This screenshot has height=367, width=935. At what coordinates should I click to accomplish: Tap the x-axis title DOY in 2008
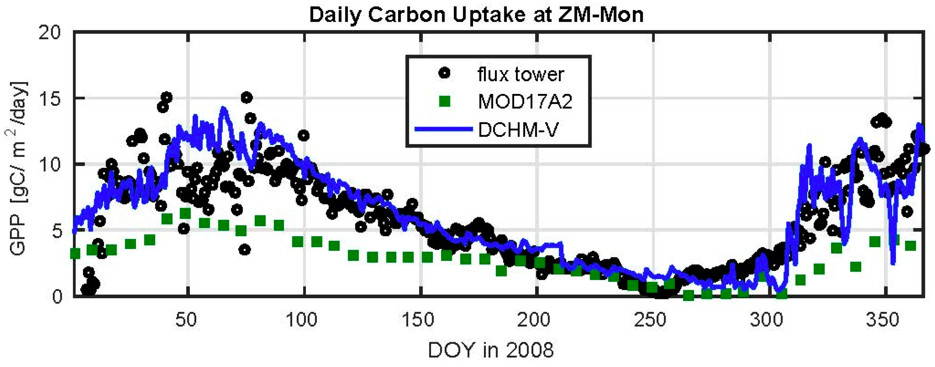click(x=491, y=350)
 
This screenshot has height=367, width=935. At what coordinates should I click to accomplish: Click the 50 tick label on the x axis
click(x=186, y=320)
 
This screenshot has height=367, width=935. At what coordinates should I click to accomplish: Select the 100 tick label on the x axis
click(x=302, y=320)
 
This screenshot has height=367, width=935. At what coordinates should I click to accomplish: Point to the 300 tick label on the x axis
click(x=766, y=320)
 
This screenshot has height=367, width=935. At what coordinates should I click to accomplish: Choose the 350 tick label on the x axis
click(x=882, y=320)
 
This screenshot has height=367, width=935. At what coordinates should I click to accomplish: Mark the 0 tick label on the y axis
click(x=57, y=296)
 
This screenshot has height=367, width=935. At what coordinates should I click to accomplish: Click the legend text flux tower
click(x=521, y=74)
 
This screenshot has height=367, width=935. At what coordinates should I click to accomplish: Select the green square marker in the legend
click(x=445, y=101)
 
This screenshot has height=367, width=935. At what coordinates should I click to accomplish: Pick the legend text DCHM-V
click(x=518, y=129)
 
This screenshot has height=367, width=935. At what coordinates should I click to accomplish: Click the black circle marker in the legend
click(x=444, y=73)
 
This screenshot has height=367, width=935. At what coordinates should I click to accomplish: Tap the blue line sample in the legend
click(x=444, y=129)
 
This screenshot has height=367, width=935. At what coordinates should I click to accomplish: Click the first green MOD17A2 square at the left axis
click(x=75, y=253)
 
